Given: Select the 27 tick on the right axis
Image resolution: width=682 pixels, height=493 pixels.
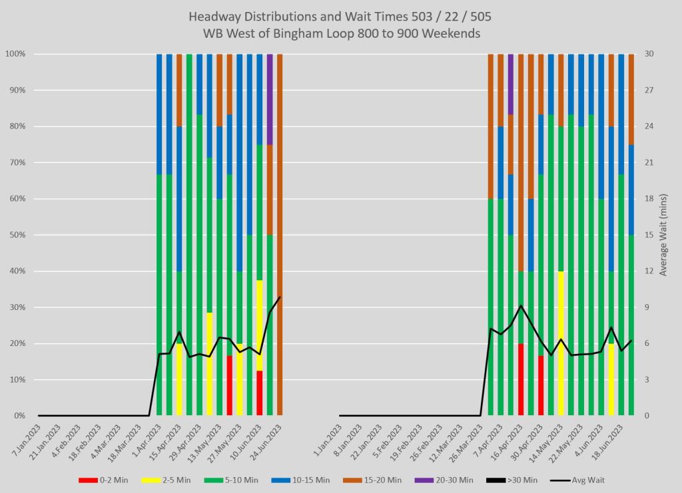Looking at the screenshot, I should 650,90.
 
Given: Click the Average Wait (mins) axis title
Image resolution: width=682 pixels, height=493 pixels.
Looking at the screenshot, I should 663,235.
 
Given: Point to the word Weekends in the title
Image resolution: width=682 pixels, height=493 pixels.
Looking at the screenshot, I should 454,33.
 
